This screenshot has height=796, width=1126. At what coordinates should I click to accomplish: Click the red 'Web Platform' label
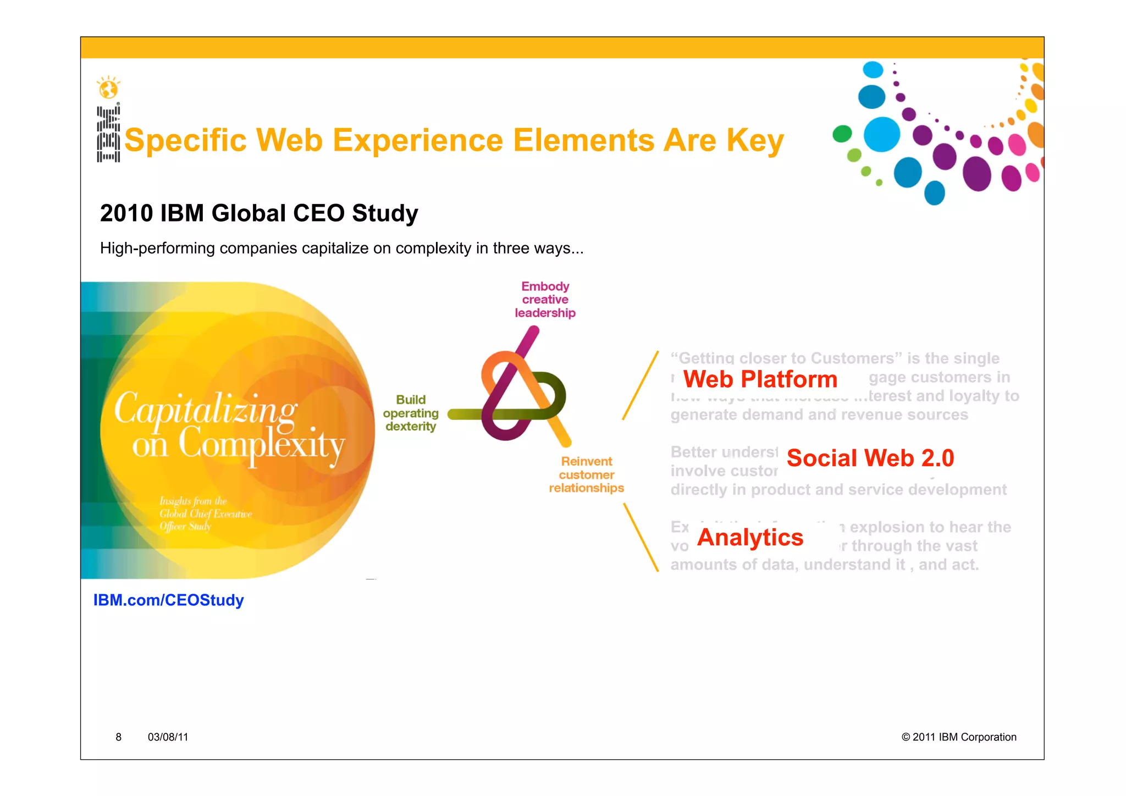pos(760,379)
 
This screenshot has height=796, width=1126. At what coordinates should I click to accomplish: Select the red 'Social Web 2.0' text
pos(870,458)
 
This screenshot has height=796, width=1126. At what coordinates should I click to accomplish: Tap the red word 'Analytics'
pos(750,537)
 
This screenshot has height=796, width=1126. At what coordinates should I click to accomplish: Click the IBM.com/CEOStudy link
pos(168,600)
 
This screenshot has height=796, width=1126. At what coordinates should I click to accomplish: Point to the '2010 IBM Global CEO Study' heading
pos(259,213)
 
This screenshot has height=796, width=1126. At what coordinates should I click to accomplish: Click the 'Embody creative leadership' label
pos(545,300)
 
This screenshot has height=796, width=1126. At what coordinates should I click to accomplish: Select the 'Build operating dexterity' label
pos(411,413)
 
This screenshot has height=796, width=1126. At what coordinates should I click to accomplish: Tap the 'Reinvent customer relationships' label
pos(586,474)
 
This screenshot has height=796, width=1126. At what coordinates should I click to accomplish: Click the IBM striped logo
pos(108,134)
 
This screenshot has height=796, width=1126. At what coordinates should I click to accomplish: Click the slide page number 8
pos(118,737)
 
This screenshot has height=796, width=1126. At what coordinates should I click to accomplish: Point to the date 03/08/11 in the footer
pos(168,737)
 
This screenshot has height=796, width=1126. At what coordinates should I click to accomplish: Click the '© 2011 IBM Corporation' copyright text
pos(958,737)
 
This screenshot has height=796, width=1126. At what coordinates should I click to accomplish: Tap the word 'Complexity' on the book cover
pos(261,444)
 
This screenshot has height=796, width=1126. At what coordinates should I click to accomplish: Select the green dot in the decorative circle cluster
pos(842,134)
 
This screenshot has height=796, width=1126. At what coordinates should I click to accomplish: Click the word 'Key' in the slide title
pos(755,141)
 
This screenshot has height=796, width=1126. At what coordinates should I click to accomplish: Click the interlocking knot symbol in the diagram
pos(520,393)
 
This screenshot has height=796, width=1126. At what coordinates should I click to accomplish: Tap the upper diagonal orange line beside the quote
pos(641,385)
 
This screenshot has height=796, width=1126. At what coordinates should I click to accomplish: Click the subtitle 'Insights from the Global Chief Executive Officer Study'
pos(205,513)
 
